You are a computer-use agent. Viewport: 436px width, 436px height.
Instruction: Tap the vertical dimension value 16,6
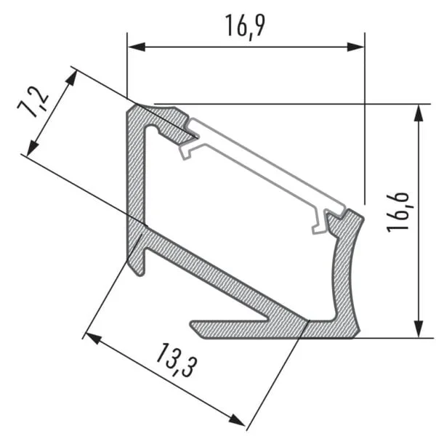click(x=399, y=211)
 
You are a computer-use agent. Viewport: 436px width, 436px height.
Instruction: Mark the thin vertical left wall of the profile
click(x=135, y=174)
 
